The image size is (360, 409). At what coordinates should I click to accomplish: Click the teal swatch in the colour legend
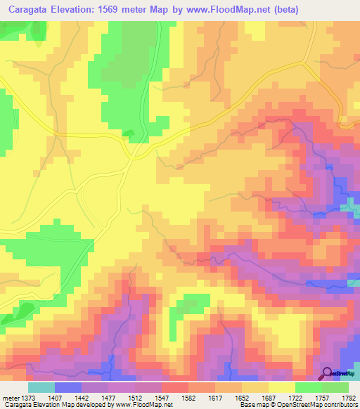[x=41, y=387]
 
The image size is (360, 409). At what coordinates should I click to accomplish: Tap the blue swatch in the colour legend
[x=68, y=387]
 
